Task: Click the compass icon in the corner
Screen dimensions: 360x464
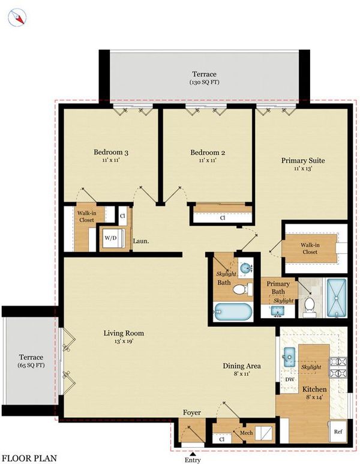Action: pos(17,17)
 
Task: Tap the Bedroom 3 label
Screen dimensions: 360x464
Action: pos(111,152)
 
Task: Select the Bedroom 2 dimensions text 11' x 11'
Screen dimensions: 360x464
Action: pos(208,160)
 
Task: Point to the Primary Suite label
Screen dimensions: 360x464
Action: pos(303,160)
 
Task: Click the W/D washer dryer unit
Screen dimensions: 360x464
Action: pos(112,238)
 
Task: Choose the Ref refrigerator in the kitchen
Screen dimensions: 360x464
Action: pos(338,432)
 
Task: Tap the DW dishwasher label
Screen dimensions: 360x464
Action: pos(290,379)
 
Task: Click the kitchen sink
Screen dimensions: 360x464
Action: pos(289,357)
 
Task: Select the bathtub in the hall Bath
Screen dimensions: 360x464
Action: pos(233,312)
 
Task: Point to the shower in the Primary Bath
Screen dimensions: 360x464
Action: pos(336,298)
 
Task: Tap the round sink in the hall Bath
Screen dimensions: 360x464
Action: pos(245,268)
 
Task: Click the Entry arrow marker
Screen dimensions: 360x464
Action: pos(193,454)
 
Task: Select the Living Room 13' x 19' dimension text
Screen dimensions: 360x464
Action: pos(124,341)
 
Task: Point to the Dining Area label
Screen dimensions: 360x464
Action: pos(242,366)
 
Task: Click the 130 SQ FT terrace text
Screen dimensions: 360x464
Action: pos(205,82)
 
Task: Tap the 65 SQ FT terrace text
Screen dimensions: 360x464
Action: pos(31,365)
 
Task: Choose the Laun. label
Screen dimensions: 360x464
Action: pos(141,241)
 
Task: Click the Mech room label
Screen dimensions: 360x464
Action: pos(246,433)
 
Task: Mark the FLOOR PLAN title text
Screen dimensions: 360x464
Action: pos(29,459)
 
